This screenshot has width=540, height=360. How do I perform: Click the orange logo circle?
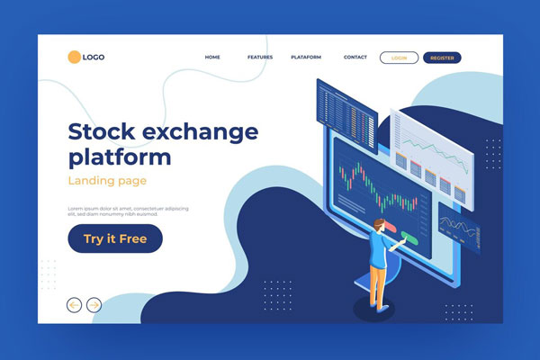(x=74, y=58)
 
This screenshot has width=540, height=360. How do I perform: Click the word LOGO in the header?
(x=94, y=58)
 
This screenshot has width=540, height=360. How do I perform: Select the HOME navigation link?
(x=212, y=58)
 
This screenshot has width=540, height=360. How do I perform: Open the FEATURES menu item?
(x=260, y=58)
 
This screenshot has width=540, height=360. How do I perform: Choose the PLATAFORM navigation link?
(x=306, y=58)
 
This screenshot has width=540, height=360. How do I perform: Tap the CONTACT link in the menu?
(x=355, y=58)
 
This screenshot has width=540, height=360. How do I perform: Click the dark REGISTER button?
(x=442, y=58)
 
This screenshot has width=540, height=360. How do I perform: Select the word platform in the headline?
(x=120, y=158)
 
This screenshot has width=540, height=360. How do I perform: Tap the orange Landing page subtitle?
(x=107, y=181)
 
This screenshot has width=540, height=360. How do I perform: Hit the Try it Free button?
(x=115, y=238)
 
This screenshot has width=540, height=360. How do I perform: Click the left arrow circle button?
(x=75, y=305)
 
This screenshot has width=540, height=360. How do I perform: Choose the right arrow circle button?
(x=94, y=305)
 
